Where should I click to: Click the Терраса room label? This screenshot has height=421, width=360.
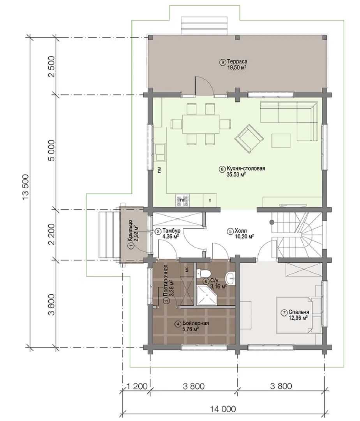click(237, 62)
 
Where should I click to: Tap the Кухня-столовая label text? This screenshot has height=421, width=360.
click(246, 169)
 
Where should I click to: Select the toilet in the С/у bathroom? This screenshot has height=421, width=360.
click(204, 273)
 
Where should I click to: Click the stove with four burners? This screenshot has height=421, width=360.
click(182, 200)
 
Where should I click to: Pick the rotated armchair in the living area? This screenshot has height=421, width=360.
click(249, 139)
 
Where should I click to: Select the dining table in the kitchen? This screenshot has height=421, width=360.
click(201, 124)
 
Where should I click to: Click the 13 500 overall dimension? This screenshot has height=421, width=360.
click(25, 188)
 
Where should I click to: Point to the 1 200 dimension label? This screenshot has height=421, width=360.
click(136, 386)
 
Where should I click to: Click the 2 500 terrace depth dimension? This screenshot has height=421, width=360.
click(51, 66)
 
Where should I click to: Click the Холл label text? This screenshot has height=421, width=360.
click(241, 231)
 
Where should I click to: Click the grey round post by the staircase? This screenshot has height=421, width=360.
click(272, 222)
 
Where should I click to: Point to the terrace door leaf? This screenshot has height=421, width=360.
click(196, 86)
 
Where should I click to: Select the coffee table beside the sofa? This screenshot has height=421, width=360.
click(281, 141)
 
